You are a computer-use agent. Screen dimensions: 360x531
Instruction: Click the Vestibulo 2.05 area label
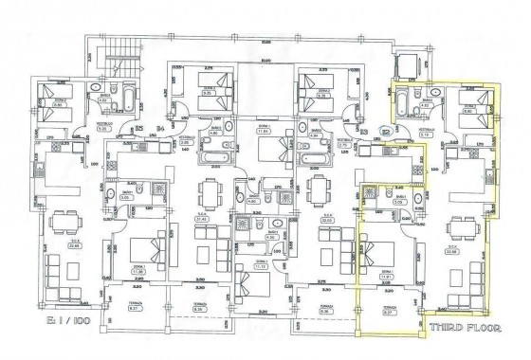(177, 137)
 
